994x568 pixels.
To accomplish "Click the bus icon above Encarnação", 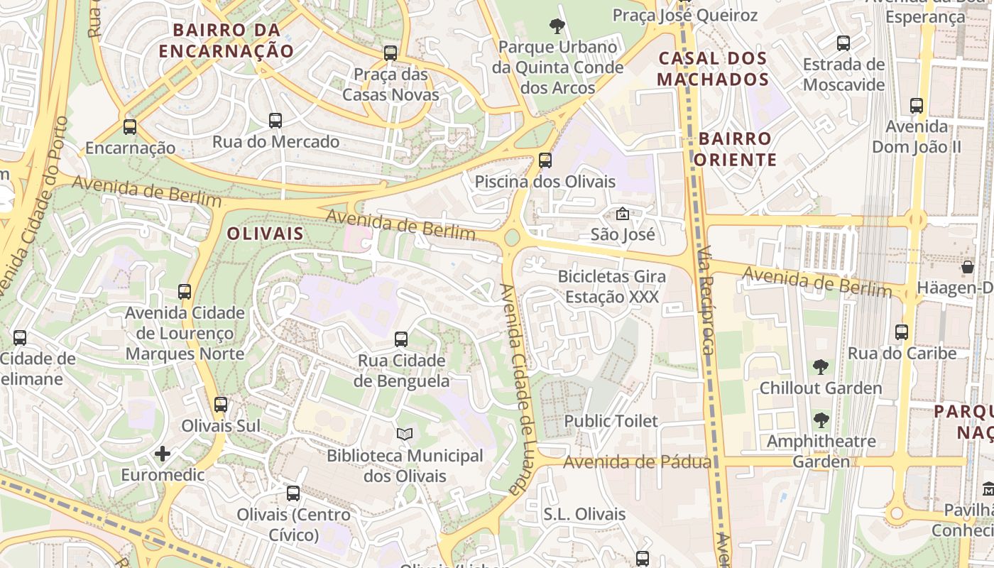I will pyautogui.click(x=129, y=127).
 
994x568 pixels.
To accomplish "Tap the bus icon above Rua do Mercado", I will pyautogui.click(x=275, y=121).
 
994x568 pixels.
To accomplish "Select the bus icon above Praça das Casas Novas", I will pyautogui.click(x=390, y=53).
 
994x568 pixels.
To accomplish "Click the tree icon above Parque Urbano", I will pyautogui.click(x=557, y=26).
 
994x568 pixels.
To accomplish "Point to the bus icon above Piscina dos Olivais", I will pyautogui.click(x=545, y=160).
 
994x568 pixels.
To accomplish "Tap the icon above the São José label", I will pyautogui.click(x=622, y=213).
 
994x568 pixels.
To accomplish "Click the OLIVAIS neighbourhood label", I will pyautogui.click(x=265, y=234).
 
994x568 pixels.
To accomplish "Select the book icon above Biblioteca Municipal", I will pyautogui.click(x=404, y=434).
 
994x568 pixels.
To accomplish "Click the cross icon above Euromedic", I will pyautogui.click(x=163, y=454).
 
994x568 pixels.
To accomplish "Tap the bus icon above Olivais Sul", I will pyautogui.click(x=221, y=405).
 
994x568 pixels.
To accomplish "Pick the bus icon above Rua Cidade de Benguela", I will pyautogui.click(x=401, y=339).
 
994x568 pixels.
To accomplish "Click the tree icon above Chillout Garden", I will pyautogui.click(x=821, y=367).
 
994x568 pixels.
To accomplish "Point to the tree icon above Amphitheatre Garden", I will pyautogui.click(x=821, y=420).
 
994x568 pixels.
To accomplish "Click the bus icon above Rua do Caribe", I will pyautogui.click(x=902, y=332).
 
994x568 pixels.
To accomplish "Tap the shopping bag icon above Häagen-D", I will pyautogui.click(x=968, y=267).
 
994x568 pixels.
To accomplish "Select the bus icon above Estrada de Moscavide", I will pyautogui.click(x=843, y=43).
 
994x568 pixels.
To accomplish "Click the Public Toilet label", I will pyautogui.click(x=611, y=421).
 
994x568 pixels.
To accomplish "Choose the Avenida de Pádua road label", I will pyautogui.click(x=637, y=463).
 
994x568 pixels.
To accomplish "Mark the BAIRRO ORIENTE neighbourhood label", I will pyautogui.click(x=735, y=149).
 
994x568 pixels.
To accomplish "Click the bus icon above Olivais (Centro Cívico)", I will pyautogui.click(x=293, y=493).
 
